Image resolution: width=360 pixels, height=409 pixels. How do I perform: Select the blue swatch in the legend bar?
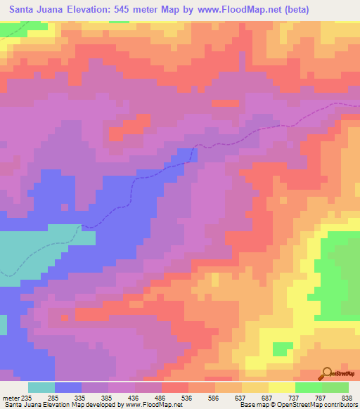68,387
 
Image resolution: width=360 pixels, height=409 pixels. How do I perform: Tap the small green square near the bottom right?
283,349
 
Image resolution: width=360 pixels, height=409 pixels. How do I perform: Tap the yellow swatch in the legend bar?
282,387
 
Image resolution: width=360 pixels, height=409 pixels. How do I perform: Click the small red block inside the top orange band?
225,103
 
